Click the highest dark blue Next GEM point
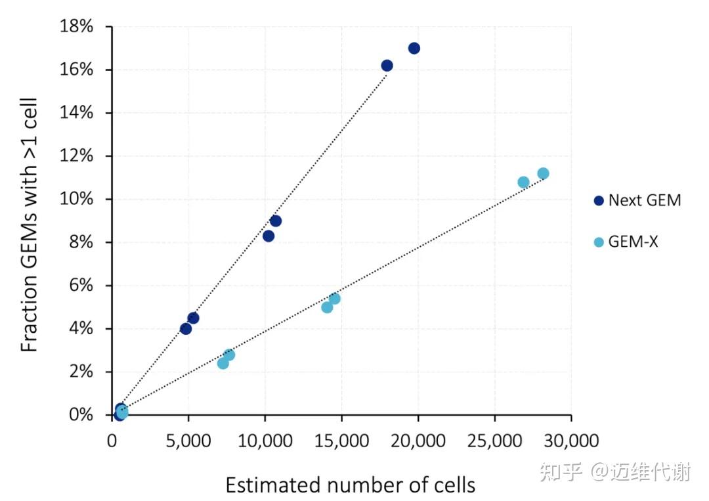point(414,48)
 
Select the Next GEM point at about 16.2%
point(387,66)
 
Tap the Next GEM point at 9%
point(276,221)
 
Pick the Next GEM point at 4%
point(186,329)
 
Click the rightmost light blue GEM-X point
point(543,173)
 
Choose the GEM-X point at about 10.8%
point(523,182)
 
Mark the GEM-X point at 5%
point(327,307)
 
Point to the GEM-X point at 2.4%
point(223,363)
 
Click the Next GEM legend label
point(645,201)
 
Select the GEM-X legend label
point(633,242)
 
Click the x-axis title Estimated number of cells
point(350,485)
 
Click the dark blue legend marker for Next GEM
point(598,201)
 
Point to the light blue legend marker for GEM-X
point(598,242)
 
